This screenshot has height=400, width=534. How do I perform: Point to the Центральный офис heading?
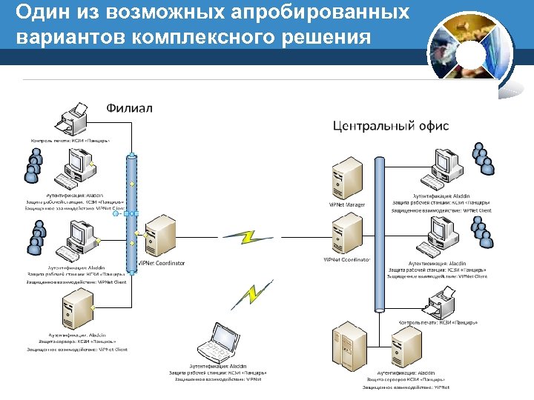391,126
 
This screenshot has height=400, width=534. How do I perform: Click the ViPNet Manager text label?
346,205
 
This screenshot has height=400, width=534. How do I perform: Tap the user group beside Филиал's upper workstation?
32,166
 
